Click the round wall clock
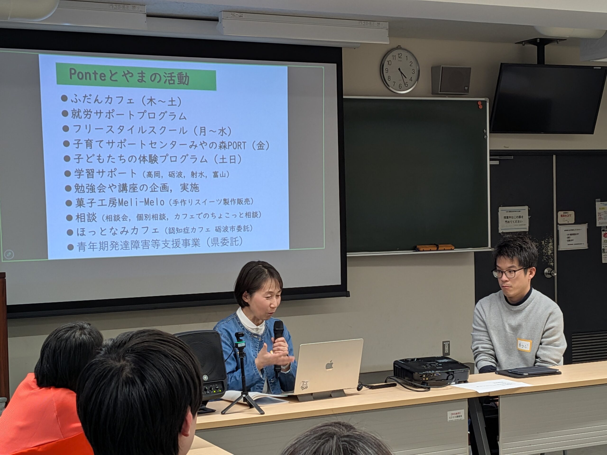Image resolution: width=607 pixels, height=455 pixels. coord(400,70)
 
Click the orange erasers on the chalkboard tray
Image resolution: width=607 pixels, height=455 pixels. coord(435,247)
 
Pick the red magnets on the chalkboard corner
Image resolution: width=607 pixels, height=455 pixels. coord(480,105)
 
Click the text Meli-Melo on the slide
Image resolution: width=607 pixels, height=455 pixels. coord(141,202)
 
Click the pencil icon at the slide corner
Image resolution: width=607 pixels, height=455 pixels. coord(9,254)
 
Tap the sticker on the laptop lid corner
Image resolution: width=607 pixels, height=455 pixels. coord(303,386)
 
